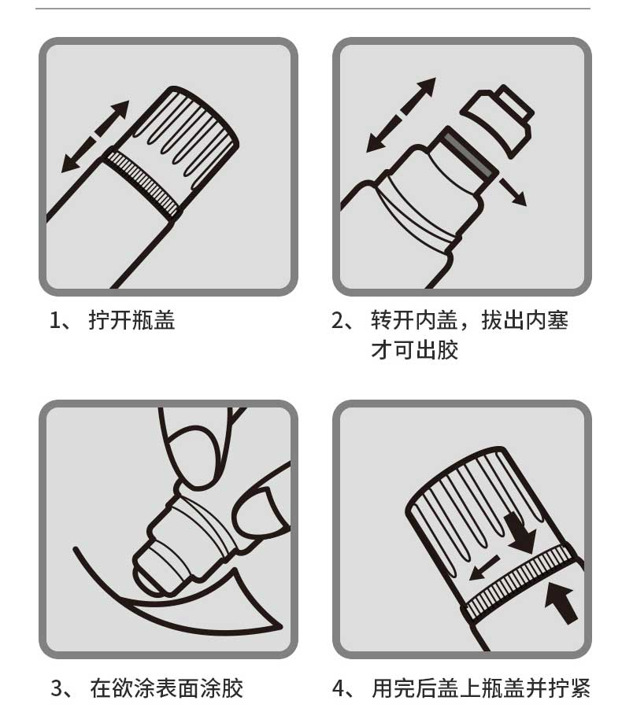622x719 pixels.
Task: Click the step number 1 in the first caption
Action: click(55, 320)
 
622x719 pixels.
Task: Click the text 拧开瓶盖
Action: click(131, 320)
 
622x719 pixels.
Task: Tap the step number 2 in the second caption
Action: click(337, 320)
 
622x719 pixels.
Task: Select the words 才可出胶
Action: click(415, 350)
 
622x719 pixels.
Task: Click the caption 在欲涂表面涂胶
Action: click(166, 688)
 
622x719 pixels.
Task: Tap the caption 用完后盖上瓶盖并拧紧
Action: click(480, 688)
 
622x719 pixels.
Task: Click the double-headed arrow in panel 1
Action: click(95, 136)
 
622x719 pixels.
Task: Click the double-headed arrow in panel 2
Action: click(401, 115)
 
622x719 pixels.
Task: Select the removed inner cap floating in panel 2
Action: click(498, 120)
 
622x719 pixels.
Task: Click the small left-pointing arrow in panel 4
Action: click(484, 568)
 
